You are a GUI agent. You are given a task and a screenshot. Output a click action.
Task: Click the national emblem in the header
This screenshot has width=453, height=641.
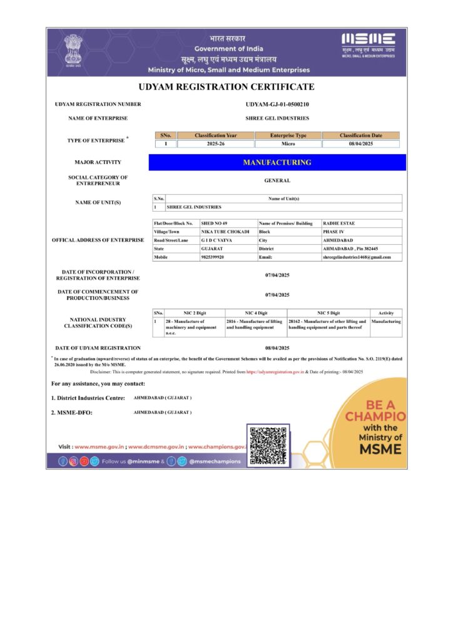pos(73,49)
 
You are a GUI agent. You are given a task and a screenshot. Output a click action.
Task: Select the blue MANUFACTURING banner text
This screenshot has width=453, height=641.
pos(277,163)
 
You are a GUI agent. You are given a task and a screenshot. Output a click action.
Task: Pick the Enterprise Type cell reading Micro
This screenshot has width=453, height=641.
pos(288,144)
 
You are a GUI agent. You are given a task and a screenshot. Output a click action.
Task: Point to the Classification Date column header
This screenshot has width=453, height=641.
pos(360,135)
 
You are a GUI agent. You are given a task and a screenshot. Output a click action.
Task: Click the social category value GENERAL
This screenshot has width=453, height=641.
pos(277,181)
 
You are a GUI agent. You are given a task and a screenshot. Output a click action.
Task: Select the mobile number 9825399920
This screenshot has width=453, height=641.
pos(213,257)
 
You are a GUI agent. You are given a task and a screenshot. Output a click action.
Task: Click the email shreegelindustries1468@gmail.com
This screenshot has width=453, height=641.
pos(357,257)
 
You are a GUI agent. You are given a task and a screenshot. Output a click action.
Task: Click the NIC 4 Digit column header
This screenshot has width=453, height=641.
pos(255,312)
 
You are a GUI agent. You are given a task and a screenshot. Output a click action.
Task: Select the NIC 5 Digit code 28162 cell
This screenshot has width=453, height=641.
pos(327,324)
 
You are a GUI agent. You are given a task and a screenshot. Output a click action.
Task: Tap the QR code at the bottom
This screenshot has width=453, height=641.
pos(268,445)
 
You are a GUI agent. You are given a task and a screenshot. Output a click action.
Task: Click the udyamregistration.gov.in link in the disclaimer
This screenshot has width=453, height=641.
pos(275,372)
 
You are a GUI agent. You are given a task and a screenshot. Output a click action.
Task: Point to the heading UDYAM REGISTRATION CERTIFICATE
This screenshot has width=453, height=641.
pos(227,87)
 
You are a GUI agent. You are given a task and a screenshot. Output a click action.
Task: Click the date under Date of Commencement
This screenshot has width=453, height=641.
pos(277,294)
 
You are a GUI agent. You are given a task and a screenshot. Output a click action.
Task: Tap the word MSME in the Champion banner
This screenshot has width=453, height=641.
pos(380,449)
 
